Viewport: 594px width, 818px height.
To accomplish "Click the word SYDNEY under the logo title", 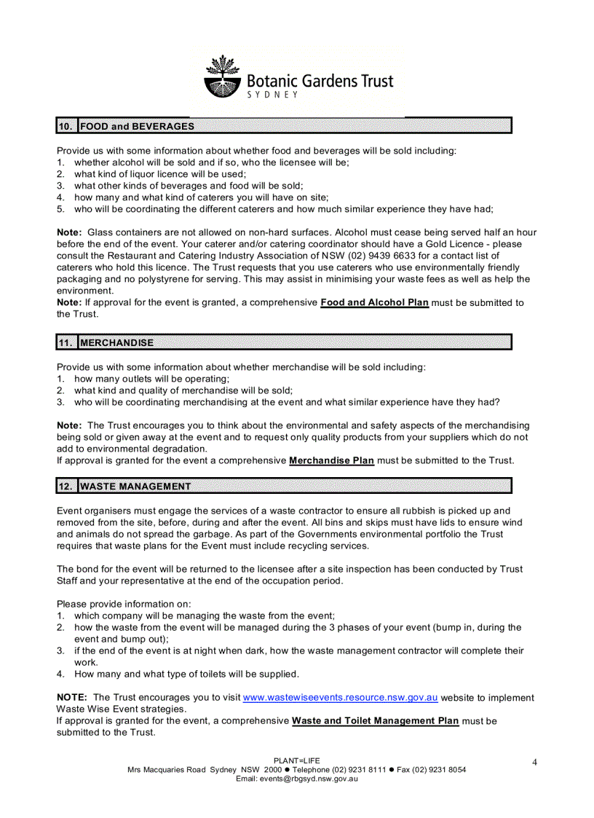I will (x=273, y=95).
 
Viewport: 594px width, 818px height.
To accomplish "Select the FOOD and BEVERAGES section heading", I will (x=137, y=126).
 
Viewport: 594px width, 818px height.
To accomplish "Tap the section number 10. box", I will (x=66, y=126).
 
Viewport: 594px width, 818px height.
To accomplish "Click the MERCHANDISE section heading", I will (x=116, y=342).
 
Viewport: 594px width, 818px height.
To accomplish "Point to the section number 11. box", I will (x=66, y=342).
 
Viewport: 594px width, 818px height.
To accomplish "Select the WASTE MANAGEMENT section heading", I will (x=135, y=486).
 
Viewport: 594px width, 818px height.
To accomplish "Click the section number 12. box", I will (x=66, y=486).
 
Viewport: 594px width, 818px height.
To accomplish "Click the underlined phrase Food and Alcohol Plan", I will (x=374, y=302).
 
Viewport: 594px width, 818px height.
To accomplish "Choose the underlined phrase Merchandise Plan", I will (x=331, y=460).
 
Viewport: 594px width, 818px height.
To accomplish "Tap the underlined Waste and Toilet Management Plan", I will (x=375, y=720).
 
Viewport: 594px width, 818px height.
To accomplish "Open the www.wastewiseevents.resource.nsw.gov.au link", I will (x=340, y=697).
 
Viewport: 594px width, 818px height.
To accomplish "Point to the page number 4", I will (x=534, y=762).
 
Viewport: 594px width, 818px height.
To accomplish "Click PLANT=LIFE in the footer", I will (x=296, y=760).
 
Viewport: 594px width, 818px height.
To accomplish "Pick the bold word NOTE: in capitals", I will (x=72, y=697).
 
